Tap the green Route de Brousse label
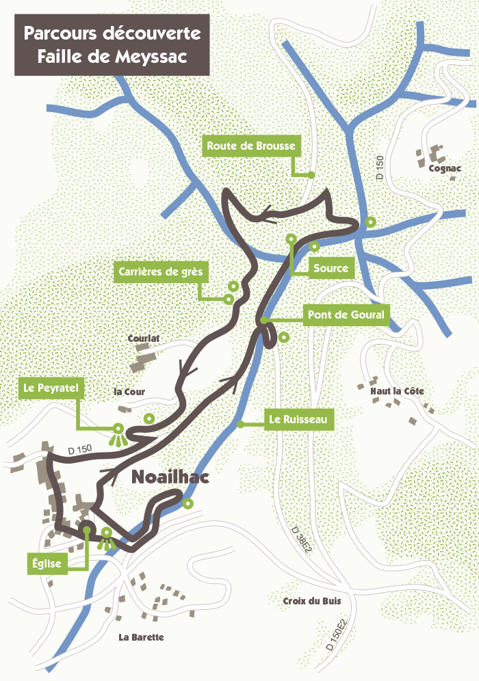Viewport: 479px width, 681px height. point(251,146)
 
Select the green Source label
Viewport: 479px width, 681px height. point(331,268)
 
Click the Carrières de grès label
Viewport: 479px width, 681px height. point(160,272)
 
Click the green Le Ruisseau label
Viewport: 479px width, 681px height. point(299,418)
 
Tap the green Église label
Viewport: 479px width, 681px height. point(47,564)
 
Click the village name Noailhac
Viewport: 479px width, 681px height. point(169,479)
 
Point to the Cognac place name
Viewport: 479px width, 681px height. point(444,168)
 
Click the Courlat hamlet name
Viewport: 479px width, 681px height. point(143,338)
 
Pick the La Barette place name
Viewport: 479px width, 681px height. point(141,637)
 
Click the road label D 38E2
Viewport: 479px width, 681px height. point(300,539)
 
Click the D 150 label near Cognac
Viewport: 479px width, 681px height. point(380,168)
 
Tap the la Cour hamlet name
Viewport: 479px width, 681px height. point(129,392)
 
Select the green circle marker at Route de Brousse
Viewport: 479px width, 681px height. point(311,175)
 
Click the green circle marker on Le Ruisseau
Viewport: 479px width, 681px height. point(240,425)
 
